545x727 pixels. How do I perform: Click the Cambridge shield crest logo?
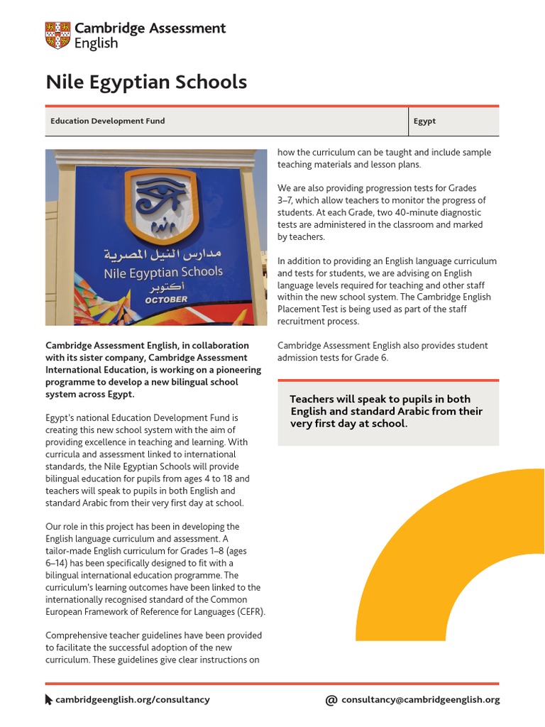[x=57, y=35]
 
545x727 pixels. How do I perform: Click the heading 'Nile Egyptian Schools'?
[x=146, y=82]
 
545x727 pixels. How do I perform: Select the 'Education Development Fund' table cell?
[x=107, y=121]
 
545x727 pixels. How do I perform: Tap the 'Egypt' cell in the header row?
[x=424, y=121]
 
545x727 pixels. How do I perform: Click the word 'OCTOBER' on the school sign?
[x=166, y=300]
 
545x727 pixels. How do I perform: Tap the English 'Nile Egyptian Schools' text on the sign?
[x=163, y=272]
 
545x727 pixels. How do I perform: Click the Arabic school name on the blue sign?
[x=163, y=254]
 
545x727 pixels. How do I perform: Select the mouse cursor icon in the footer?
[x=49, y=699]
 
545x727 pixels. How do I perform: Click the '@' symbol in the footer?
[x=331, y=699]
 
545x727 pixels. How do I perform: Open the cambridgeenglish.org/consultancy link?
[x=133, y=699]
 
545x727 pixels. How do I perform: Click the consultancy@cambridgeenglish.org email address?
[x=420, y=699]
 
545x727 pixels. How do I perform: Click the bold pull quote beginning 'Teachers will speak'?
[x=386, y=411]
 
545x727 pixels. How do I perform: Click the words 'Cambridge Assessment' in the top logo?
[x=150, y=28]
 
